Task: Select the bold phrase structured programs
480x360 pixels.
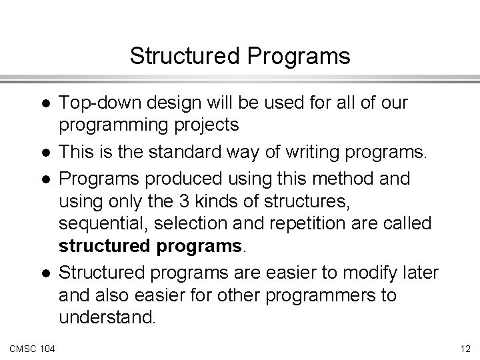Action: tap(152, 245)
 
